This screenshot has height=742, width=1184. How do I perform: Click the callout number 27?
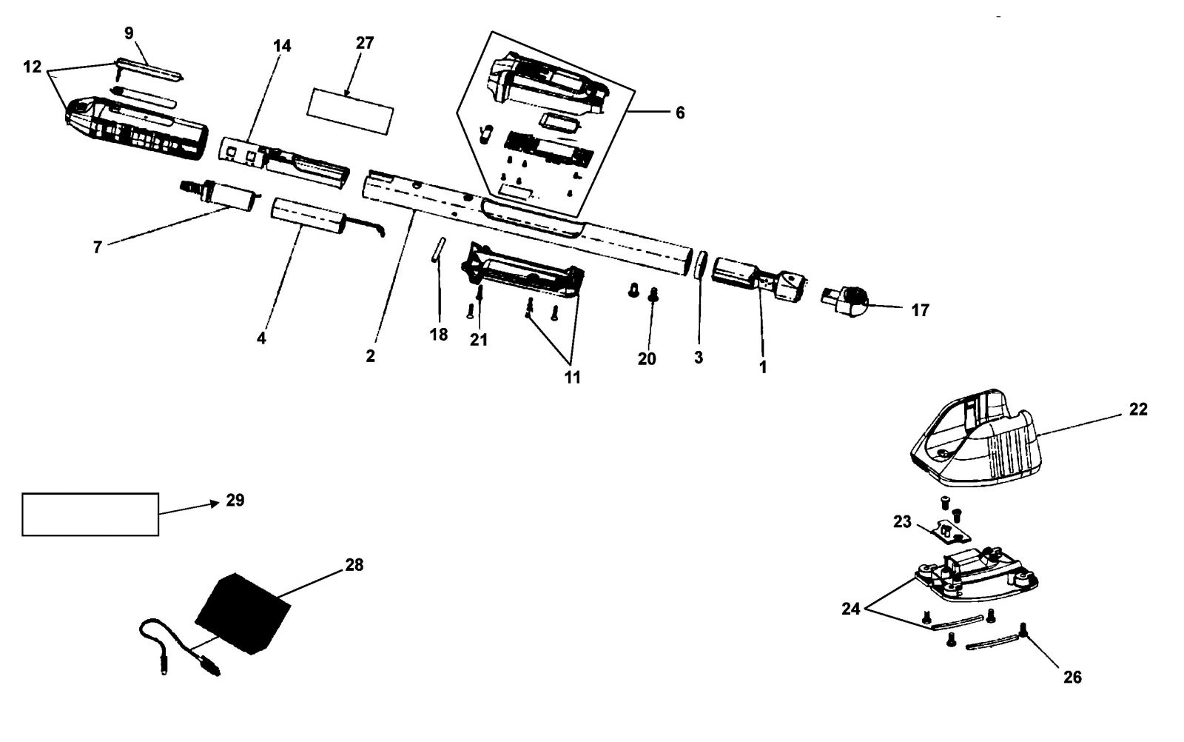(x=365, y=43)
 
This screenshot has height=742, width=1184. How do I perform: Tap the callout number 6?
(x=680, y=113)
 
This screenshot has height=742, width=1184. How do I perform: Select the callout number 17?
(x=921, y=310)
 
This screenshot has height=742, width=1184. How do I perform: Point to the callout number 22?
(x=1138, y=410)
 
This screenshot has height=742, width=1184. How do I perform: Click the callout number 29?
(x=235, y=501)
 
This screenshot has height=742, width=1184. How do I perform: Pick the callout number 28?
(x=354, y=565)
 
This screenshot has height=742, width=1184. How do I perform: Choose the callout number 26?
(x=1072, y=678)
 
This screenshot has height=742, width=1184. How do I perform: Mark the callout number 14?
(x=282, y=46)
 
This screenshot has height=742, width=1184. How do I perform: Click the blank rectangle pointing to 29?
(x=90, y=515)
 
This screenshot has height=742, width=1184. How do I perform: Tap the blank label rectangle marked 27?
(x=351, y=111)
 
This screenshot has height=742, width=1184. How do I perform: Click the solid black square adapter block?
(x=243, y=613)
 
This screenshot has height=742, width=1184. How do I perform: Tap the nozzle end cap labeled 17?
(x=844, y=301)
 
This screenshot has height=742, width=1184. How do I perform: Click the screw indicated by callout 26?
(x=1022, y=629)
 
